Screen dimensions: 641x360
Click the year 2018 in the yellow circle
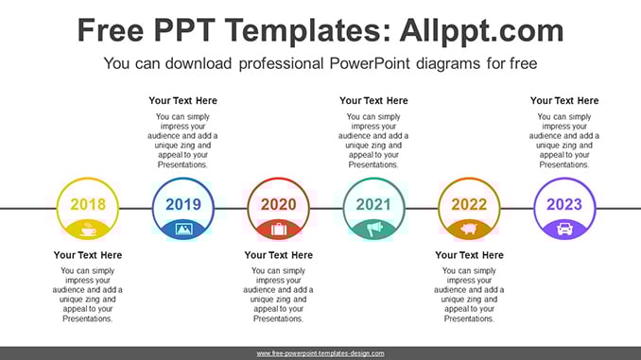(88, 204)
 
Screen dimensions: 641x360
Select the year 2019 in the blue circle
(183, 204)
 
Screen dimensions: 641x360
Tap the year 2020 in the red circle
(278, 204)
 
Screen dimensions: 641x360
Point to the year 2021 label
(373, 204)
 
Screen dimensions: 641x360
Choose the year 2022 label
(469, 204)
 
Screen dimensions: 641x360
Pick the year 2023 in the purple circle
(564, 204)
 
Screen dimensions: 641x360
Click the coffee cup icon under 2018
(88, 230)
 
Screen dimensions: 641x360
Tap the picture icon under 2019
(183, 229)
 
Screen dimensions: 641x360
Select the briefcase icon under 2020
(279, 230)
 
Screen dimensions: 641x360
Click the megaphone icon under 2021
(374, 230)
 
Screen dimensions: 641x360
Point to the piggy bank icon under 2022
(469, 229)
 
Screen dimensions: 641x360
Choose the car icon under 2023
(564, 230)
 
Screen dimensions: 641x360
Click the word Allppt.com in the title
(481, 30)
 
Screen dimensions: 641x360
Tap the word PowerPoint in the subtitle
(370, 63)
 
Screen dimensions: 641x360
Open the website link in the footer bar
(320, 353)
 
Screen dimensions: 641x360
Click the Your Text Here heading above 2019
(182, 100)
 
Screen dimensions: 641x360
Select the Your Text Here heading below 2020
(278, 255)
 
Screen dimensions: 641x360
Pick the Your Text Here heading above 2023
(564, 100)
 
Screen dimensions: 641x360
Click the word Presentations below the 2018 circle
(88, 318)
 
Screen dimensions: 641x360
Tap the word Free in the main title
(111, 30)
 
